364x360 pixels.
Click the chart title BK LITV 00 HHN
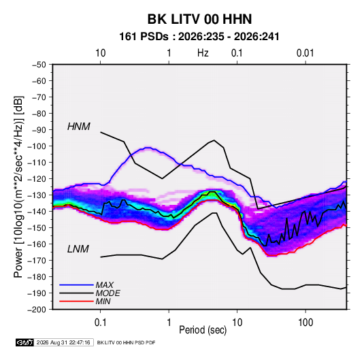click(x=199, y=19)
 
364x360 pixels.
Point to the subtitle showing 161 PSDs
click(x=199, y=37)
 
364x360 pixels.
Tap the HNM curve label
click(x=79, y=127)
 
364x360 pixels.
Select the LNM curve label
click(x=78, y=249)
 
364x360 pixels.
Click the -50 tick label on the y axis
click(x=39, y=65)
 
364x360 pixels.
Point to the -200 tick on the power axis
click(x=37, y=310)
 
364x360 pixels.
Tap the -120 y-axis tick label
click(x=37, y=179)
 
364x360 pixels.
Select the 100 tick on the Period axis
click(x=305, y=323)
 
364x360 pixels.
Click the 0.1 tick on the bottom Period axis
click(x=100, y=323)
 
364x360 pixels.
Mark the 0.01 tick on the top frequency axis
click(x=305, y=53)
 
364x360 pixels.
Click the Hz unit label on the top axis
click(x=203, y=53)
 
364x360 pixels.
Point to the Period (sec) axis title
click(x=203, y=330)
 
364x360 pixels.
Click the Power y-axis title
click(x=18, y=187)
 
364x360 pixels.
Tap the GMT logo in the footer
click(x=24, y=342)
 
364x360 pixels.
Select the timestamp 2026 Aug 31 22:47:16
click(x=63, y=342)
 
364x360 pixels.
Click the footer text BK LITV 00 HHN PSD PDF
click(x=126, y=342)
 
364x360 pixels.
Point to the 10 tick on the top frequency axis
click(x=101, y=53)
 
